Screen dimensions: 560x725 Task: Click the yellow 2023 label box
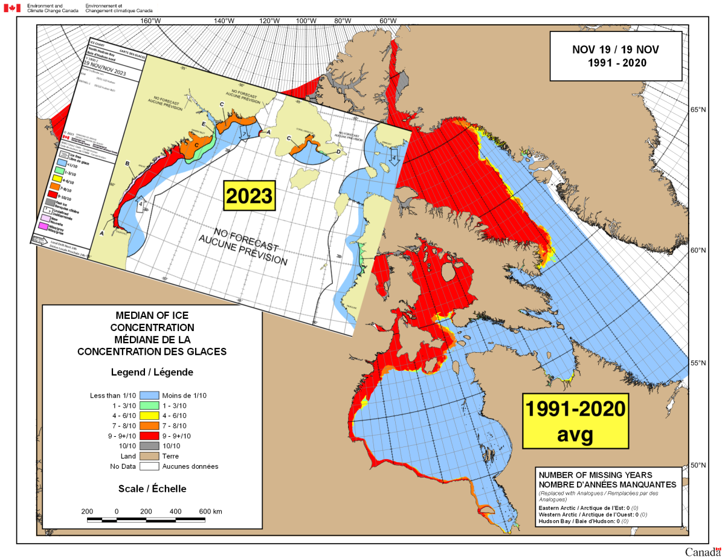click(x=248, y=195)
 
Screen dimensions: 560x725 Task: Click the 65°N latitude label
click(x=698, y=110)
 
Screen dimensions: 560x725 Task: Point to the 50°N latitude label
click(x=698, y=466)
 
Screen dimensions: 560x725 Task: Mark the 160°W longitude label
click(x=150, y=21)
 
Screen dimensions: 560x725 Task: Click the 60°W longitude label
click(x=388, y=21)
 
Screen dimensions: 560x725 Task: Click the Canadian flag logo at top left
click(x=11, y=8)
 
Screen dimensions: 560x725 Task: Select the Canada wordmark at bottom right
click(x=703, y=552)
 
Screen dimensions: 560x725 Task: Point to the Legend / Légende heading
click(x=152, y=372)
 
